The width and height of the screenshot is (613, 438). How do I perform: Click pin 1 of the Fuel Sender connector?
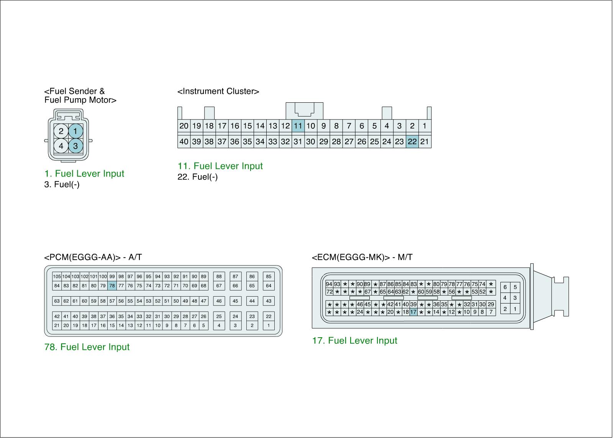point(75,131)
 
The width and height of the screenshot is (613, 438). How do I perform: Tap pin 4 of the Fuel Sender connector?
point(61,146)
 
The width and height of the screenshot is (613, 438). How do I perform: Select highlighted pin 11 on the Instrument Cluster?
point(298,126)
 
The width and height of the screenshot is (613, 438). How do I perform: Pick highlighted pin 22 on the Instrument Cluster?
point(412,141)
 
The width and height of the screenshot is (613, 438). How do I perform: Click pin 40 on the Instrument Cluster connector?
point(184,141)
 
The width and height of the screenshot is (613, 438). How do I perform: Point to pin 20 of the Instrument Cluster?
point(184,126)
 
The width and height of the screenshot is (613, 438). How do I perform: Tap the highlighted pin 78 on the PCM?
point(112,285)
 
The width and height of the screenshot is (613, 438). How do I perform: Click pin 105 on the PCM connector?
point(57,277)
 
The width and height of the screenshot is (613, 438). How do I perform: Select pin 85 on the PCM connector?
point(269,277)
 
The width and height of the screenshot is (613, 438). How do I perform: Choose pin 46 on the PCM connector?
point(219,301)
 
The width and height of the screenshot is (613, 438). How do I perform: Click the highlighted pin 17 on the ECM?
point(413,312)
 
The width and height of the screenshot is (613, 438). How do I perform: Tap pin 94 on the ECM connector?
point(329,284)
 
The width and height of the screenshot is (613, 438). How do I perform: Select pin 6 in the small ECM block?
point(505,287)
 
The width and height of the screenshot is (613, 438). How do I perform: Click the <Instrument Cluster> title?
point(218,91)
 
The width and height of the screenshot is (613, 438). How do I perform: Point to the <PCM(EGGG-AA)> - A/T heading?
point(93,258)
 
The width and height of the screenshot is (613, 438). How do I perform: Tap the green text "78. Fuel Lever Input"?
point(87,347)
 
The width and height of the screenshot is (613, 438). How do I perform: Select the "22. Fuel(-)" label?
point(198,177)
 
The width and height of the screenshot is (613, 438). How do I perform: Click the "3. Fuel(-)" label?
point(62,184)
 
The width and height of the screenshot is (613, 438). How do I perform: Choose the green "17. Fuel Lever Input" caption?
point(355,341)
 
